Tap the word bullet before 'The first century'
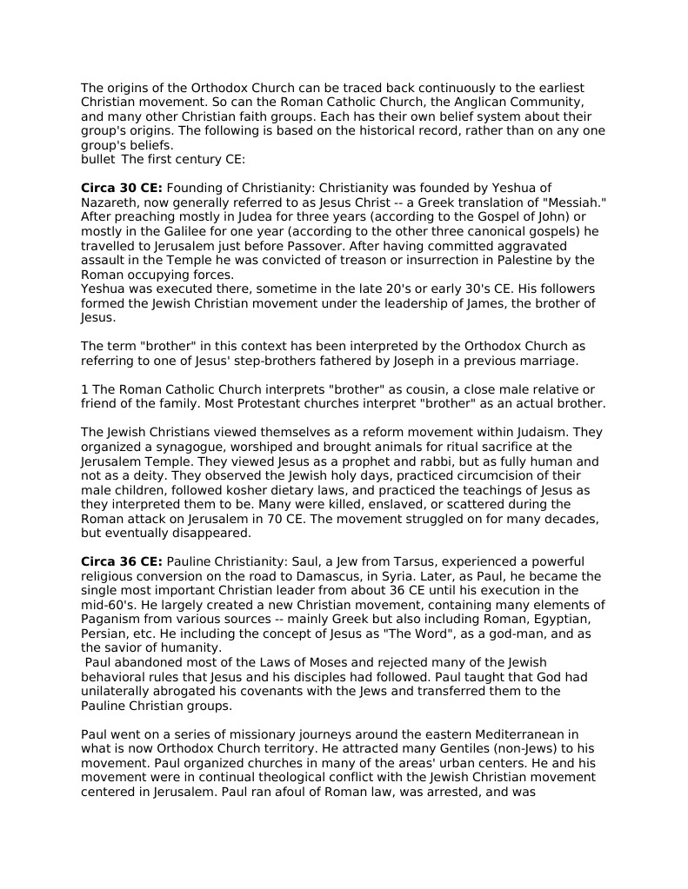point(98,159)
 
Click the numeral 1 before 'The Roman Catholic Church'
point(85,389)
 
